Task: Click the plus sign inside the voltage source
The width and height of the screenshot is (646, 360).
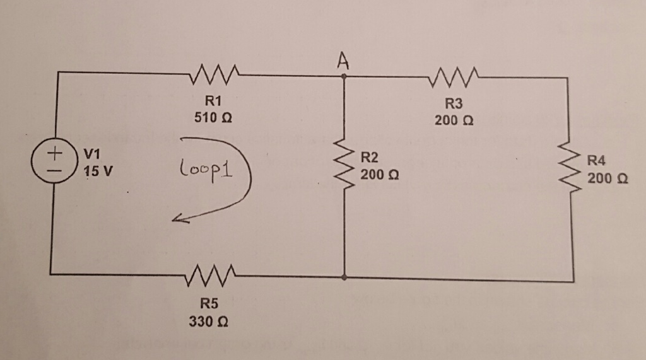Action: point(55,153)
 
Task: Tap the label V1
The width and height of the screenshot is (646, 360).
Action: point(93,153)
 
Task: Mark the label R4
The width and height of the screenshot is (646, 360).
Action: point(597,161)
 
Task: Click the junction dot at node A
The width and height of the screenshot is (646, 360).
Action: point(344,76)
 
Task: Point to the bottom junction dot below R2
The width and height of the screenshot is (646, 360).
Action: point(344,276)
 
